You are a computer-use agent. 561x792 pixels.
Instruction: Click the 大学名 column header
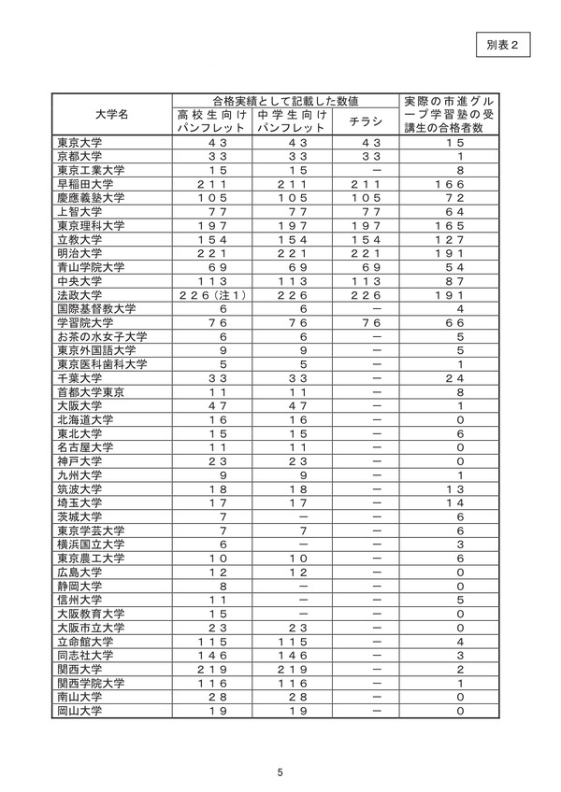(x=113, y=114)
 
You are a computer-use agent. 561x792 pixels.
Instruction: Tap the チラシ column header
(x=366, y=121)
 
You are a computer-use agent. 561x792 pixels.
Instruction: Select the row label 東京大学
(x=79, y=143)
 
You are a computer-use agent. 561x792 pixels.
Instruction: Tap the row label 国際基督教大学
(x=96, y=309)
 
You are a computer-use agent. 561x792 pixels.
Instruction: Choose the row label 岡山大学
(x=79, y=711)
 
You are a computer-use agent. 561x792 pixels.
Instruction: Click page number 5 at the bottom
(x=280, y=771)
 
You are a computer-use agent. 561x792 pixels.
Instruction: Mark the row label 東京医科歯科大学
(x=101, y=364)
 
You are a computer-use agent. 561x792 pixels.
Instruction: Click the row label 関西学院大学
(x=91, y=684)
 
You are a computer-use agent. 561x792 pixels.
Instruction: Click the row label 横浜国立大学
(x=91, y=544)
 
